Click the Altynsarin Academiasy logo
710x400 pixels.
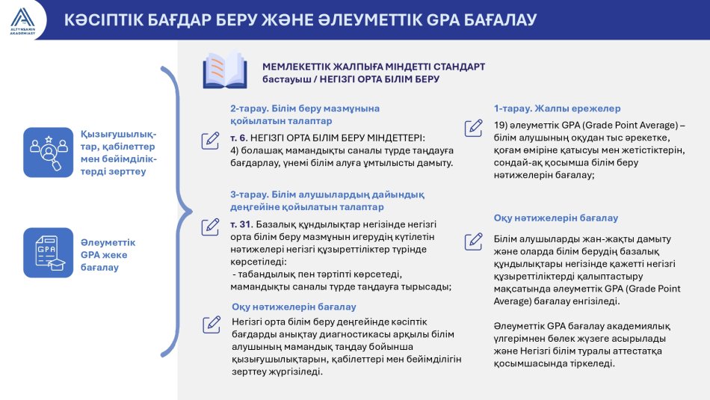pos(22,20)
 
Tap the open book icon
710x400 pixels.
pos(225,70)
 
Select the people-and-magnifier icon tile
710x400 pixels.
pos(48,153)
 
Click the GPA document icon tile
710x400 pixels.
pos(48,252)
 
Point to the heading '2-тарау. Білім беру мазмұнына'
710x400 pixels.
pos(305,108)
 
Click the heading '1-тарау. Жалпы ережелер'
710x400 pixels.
pos(557,108)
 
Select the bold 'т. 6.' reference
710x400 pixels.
pos(238,138)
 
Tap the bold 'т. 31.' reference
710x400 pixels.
pos(241,224)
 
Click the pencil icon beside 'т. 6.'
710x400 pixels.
pos(210,141)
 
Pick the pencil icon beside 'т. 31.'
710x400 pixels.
pos(210,227)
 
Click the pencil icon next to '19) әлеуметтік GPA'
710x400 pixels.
pos(473,128)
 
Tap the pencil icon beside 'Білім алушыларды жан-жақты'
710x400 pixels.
pos(473,241)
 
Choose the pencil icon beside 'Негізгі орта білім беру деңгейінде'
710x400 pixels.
pos(212,324)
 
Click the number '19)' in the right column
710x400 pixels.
pos(500,126)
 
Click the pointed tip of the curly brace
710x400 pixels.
pos(192,211)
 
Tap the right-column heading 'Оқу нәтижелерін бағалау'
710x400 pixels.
pos(555,218)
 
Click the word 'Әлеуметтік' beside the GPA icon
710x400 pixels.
pos(108,242)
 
